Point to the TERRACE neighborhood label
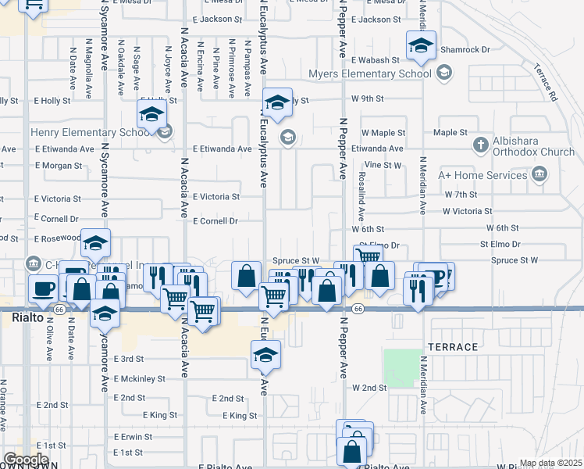[452, 346]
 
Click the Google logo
[25, 460]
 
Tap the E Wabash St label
[376, 59]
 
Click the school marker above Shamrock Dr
[420, 48]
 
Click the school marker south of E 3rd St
[265, 356]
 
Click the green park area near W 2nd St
[401, 367]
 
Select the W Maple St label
[383, 134]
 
